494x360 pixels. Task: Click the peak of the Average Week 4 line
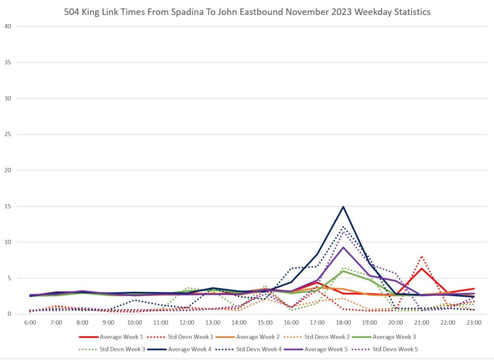click(x=343, y=207)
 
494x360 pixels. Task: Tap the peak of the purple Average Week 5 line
click(x=343, y=248)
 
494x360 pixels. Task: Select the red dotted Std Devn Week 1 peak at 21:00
click(x=422, y=256)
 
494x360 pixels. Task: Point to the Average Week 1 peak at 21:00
click(x=422, y=268)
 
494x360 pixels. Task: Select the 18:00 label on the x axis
click(x=343, y=321)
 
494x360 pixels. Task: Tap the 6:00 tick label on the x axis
click(x=30, y=321)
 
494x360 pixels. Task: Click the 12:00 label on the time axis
click(x=187, y=321)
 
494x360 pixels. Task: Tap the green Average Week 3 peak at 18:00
click(x=343, y=271)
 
